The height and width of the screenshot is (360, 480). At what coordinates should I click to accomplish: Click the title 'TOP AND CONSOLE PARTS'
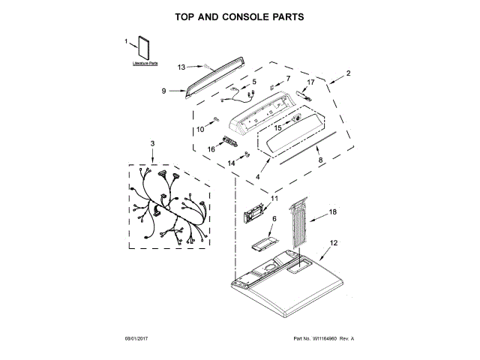(x=239, y=16)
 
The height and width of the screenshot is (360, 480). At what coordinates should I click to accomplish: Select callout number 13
(x=181, y=67)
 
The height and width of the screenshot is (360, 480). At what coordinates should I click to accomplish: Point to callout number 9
(x=163, y=91)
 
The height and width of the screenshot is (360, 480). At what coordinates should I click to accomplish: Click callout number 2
(x=349, y=73)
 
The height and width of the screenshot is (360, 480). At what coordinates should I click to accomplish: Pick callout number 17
(x=310, y=82)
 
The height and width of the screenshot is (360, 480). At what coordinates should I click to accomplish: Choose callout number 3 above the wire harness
(x=152, y=143)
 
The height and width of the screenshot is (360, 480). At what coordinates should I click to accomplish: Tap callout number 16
(x=211, y=149)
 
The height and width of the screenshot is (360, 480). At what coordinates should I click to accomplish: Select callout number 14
(x=231, y=163)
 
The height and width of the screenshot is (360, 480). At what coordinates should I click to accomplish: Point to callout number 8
(x=319, y=159)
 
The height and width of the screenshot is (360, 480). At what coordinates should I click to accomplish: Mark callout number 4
(x=258, y=176)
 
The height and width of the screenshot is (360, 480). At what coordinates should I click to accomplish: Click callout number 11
(x=274, y=199)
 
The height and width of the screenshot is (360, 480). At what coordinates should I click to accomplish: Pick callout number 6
(x=273, y=218)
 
